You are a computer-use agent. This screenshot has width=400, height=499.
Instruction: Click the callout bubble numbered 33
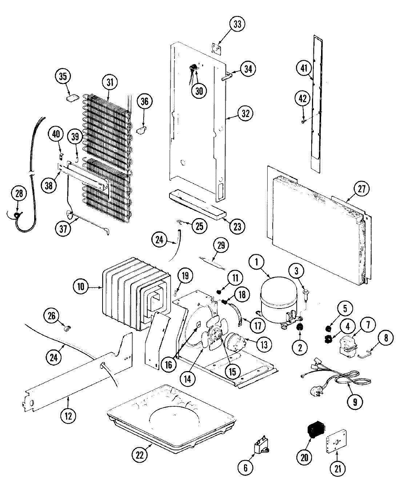click(237, 24)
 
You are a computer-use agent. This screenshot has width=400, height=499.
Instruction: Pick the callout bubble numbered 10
click(80, 287)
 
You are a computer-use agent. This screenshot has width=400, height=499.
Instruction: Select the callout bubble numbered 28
click(19, 193)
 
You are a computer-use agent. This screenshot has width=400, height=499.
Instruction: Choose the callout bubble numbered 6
click(245, 467)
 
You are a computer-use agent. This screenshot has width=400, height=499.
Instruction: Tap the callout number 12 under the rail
click(68, 415)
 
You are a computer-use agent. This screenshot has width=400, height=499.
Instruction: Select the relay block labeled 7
click(346, 345)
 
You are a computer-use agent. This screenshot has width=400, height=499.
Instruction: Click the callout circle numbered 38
click(49, 185)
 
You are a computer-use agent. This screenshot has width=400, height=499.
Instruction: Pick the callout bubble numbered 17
click(257, 325)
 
